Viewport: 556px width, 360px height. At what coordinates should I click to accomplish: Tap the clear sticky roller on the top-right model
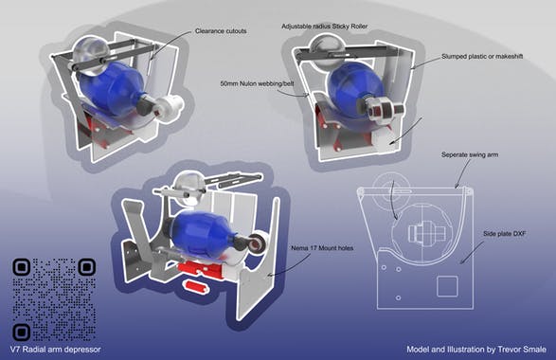point(322,45)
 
